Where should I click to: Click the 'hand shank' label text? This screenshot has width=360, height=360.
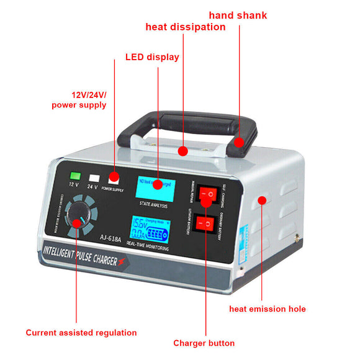(238, 14)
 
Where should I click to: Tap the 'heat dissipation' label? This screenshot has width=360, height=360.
(186, 27)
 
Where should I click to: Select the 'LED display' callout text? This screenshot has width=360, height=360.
(152, 57)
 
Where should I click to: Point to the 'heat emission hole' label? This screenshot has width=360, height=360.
(268, 308)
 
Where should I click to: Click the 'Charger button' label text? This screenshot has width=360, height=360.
(204, 343)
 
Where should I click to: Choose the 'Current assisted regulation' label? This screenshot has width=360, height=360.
(81, 333)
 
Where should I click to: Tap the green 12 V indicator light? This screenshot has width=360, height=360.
(75, 176)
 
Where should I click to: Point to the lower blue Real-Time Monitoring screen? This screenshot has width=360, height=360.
(149, 230)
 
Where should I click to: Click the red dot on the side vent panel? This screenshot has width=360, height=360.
(262, 200)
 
